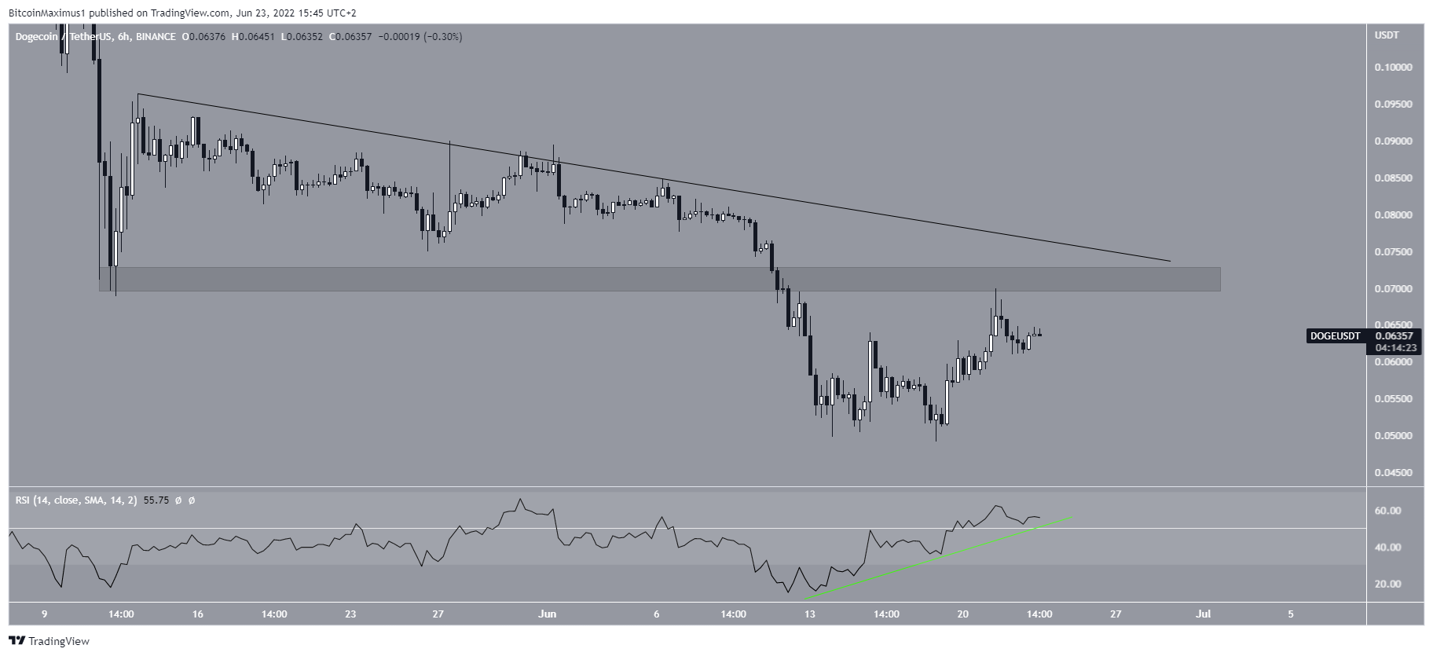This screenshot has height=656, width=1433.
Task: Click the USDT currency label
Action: [1387, 35]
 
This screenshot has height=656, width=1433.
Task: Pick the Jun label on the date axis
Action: [548, 614]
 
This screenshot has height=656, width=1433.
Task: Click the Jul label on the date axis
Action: [1204, 614]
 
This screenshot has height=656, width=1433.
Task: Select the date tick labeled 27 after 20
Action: [1116, 614]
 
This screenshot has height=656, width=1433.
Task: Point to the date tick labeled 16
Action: [197, 614]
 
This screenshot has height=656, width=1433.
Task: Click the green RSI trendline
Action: [943, 555]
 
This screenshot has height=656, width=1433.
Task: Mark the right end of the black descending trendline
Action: [1170, 261]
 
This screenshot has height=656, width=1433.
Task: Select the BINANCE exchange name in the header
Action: [156, 37]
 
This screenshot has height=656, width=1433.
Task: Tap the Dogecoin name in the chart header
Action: [36, 37]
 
